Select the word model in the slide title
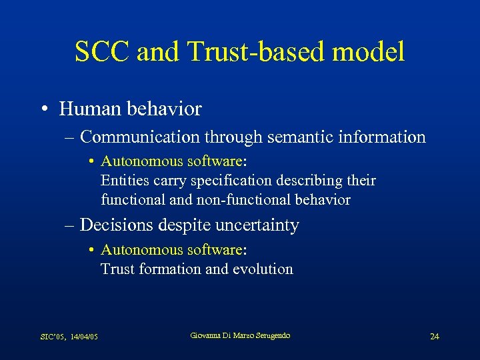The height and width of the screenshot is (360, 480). pyautogui.click(x=371, y=52)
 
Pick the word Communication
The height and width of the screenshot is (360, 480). pyautogui.click(x=139, y=137)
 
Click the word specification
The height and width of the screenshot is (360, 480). pyautogui.click(x=220, y=181)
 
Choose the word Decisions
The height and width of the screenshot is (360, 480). pyautogui.click(x=117, y=225)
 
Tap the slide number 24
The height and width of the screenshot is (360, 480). pyautogui.click(x=434, y=336)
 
